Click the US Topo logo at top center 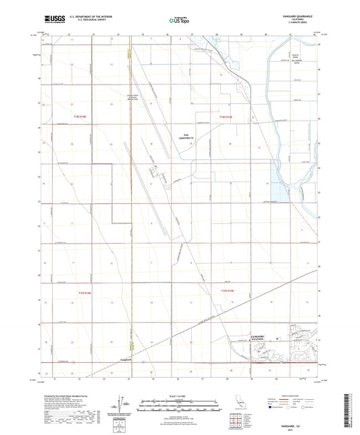pyautogui.click(x=178, y=20)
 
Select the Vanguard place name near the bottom pyautogui.click(x=128, y=359)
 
